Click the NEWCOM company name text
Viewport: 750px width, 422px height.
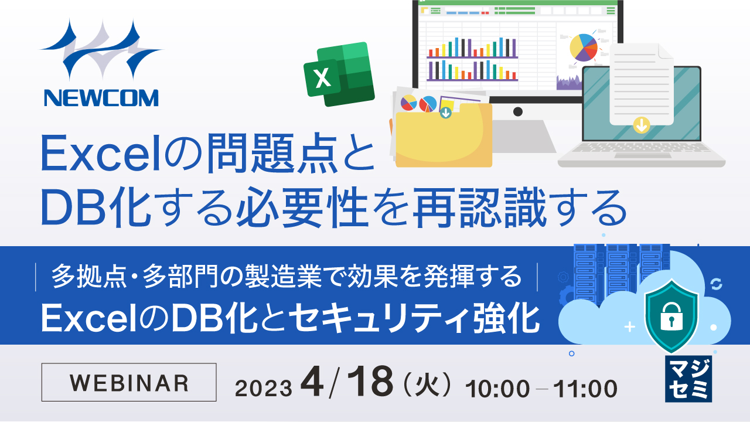click(x=101, y=98)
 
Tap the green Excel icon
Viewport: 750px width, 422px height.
click(x=339, y=74)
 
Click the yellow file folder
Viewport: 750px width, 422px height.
click(x=444, y=136)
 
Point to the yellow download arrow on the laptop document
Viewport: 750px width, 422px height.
click(x=642, y=125)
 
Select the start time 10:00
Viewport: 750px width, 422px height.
click(x=497, y=388)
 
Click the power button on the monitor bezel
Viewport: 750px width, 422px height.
click(x=517, y=111)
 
